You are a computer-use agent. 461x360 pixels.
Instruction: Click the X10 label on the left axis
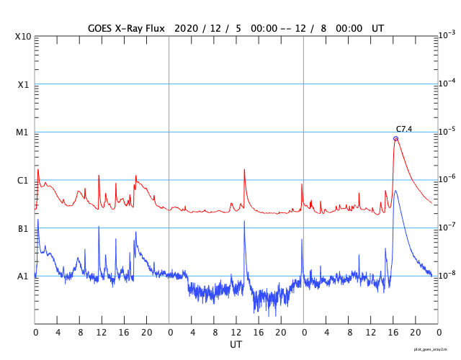pos(22,37)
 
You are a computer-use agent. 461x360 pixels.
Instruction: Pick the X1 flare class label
pos(22,84)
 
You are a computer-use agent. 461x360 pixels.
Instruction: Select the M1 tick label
pos(22,132)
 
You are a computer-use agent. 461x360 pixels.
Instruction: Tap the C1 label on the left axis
pos(22,180)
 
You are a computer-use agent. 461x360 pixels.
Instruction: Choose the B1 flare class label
pos(22,228)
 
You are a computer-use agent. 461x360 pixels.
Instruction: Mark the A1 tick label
pos(22,276)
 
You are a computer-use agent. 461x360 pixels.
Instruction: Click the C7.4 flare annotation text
pos(404,130)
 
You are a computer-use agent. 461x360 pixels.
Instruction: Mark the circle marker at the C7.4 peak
pos(395,138)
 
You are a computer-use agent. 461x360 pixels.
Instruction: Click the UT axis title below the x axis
pos(236,345)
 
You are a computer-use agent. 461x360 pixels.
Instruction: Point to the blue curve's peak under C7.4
pos(396,191)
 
